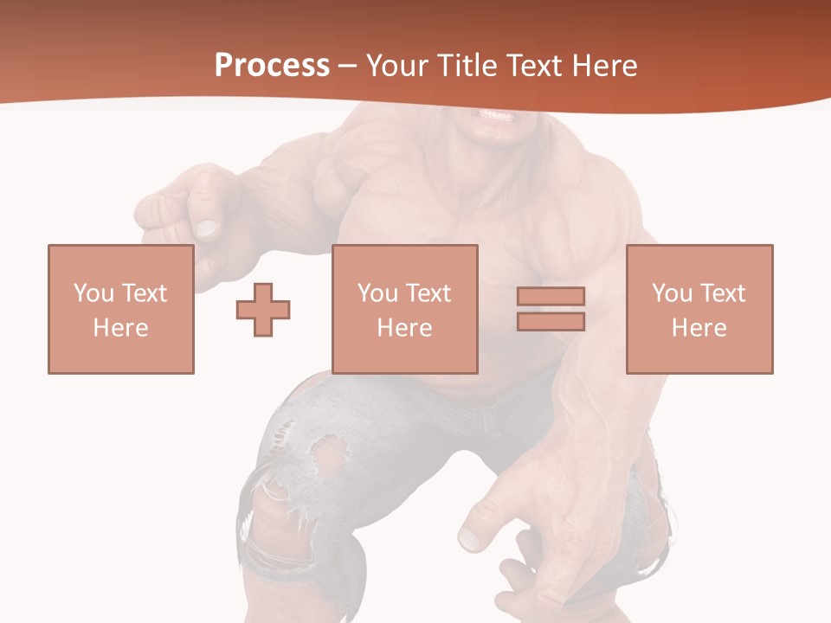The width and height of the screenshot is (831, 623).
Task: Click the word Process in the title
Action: coord(272,66)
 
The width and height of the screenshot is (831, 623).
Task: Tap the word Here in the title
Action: coord(602,66)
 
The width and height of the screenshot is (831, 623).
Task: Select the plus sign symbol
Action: coord(263,310)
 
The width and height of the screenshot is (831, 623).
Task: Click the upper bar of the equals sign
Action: coord(551,296)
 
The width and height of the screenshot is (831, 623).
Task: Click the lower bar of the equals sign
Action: coord(551,321)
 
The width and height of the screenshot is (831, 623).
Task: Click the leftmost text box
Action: coord(121,309)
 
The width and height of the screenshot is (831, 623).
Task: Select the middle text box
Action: coord(405,309)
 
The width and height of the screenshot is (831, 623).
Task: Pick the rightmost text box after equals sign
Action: coord(699,309)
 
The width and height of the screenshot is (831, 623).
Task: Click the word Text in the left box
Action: coord(145,293)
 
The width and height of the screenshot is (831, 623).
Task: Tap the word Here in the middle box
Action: coord(405,328)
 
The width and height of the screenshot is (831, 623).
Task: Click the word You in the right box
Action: coord(673,293)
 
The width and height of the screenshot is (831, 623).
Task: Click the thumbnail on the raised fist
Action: coord(206,228)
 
